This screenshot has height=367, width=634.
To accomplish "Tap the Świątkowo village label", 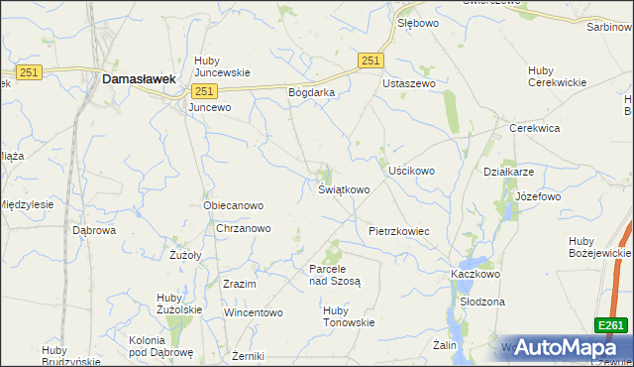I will [344, 189].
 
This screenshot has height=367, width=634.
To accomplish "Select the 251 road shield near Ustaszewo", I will [370, 61].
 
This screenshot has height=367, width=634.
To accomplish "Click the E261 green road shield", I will [610, 324].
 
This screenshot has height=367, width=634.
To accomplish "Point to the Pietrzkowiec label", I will [398, 231].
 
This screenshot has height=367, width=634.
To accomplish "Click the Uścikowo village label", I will [411, 171].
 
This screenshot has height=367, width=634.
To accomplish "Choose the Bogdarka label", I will [312, 92].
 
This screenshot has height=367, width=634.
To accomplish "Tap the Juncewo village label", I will [209, 106].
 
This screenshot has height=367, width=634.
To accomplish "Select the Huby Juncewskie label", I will [222, 65].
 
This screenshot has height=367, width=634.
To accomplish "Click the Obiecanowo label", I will [233, 206].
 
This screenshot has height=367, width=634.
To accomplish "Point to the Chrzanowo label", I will [244, 228].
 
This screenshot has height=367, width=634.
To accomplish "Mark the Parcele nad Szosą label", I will [335, 275].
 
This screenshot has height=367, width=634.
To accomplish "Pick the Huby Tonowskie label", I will [349, 315].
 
